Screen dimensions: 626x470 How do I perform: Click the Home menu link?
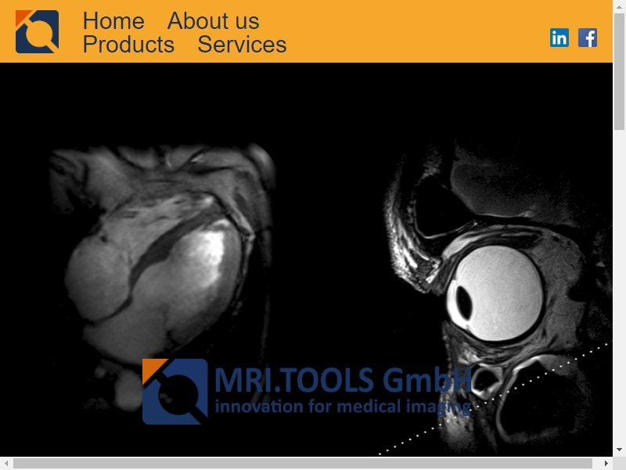113,21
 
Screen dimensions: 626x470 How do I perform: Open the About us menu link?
213,21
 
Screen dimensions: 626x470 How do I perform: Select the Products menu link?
128,45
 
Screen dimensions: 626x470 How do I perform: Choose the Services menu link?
242,45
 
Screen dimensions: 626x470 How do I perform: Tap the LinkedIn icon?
559,38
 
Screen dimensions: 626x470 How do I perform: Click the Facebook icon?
588,38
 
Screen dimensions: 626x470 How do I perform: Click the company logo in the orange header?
37,31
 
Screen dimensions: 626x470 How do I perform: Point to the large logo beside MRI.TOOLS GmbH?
175,391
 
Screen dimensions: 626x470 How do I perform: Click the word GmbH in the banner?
427,380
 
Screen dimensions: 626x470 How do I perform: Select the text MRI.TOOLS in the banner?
294,380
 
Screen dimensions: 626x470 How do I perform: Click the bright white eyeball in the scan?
495,293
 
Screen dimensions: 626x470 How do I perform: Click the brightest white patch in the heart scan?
209,251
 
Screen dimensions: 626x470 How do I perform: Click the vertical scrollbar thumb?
620,72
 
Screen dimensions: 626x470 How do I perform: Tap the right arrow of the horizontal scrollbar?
606,464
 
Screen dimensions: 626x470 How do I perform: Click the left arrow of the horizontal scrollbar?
6,464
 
